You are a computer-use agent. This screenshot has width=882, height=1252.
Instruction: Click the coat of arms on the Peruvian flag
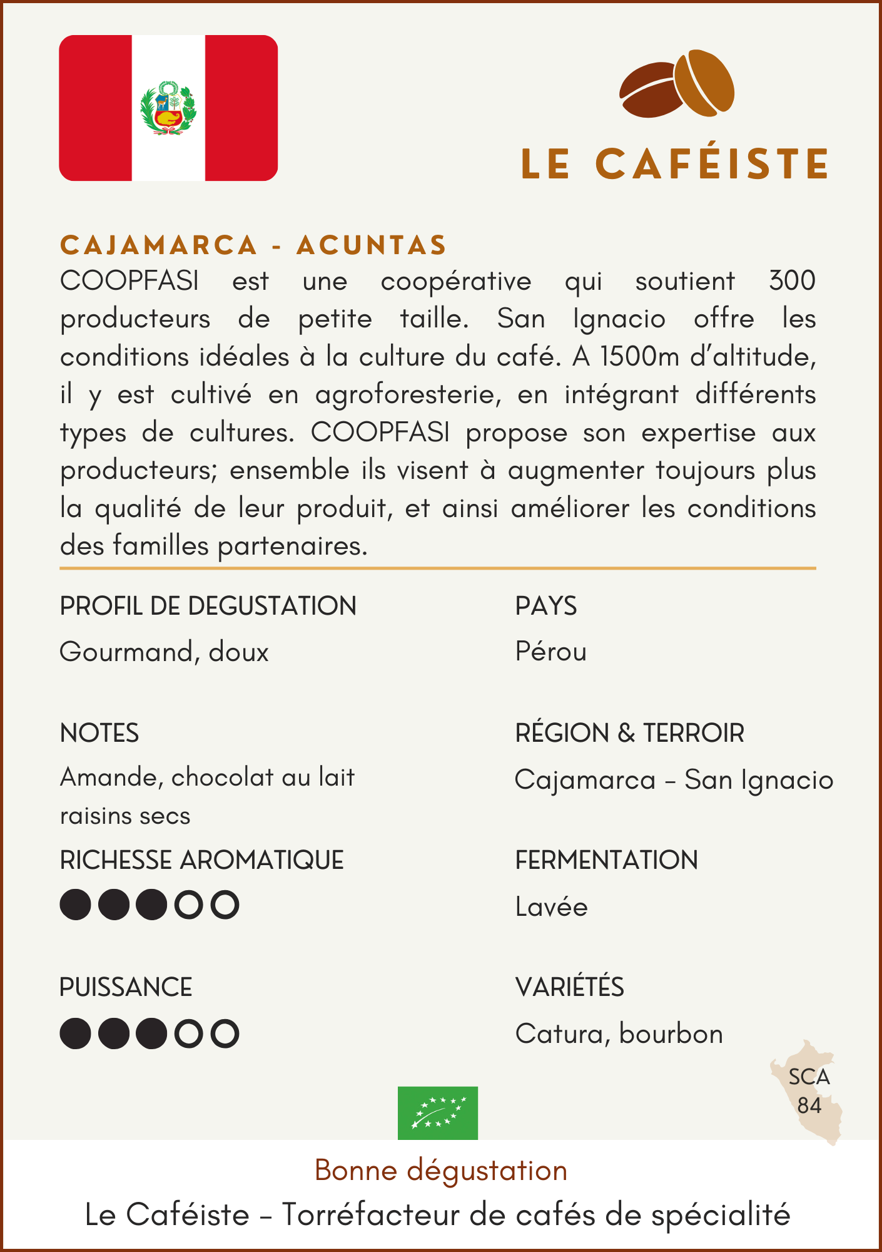(168, 108)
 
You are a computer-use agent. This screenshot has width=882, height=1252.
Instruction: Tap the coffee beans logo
(677, 84)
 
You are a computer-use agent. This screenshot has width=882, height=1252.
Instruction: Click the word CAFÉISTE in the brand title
(712, 164)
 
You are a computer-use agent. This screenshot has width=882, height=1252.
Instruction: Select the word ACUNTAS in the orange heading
(372, 245)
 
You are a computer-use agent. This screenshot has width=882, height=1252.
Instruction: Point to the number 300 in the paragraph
(792, 281)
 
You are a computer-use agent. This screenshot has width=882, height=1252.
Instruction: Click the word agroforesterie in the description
(407, 395)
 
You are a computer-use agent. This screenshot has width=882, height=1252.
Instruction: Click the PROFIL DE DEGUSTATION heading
(208, 606)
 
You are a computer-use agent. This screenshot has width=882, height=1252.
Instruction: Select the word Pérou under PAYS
(550, 652)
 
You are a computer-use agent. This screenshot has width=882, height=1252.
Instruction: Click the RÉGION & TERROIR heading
(629, 733)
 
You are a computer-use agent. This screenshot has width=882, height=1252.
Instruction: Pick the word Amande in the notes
(111, 777)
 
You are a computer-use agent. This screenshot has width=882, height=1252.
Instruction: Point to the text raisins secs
(125, 816)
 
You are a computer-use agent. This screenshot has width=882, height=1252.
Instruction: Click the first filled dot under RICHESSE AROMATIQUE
(76, 905)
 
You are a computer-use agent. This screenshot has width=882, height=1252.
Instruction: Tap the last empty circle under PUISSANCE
(225, 1034)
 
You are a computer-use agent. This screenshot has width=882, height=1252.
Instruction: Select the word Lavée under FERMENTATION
(551, 907)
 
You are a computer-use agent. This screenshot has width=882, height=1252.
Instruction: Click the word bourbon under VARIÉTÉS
(671, 1034)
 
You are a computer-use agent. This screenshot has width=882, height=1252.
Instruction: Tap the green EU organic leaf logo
(438, 1113)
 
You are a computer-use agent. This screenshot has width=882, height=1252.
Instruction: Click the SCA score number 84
(809, 1106)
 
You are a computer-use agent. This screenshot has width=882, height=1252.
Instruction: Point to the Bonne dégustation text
(440, 1171)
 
